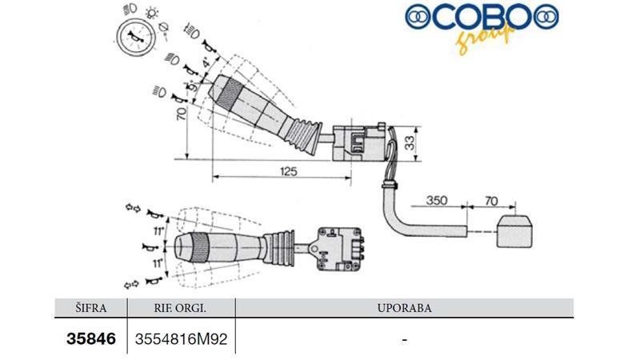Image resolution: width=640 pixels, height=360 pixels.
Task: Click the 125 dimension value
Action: pos(289,171)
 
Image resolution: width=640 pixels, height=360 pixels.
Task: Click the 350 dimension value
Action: pos(436,201)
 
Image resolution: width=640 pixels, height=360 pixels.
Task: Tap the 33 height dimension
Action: pos(410,142)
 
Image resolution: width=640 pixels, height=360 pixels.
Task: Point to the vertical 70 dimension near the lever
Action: pos(181,113)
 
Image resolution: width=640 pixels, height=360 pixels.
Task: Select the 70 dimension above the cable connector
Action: pos(491,201)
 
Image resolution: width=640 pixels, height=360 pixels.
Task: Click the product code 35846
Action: pos(91,338)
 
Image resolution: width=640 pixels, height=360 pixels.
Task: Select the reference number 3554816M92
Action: pos(181,339)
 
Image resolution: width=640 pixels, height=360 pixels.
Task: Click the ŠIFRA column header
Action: pos(91,308)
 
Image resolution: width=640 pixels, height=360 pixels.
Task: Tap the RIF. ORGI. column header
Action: pos(181,308)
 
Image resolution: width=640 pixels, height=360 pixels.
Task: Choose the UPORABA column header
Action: pos(405,308)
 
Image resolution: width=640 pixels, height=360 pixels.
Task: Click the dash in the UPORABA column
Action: pos(405,339)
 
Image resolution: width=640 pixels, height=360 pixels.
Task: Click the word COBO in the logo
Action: pos(482,17)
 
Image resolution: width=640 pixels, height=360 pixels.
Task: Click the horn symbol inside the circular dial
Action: pos(134,37)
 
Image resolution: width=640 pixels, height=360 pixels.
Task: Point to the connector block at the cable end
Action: pos(514,231)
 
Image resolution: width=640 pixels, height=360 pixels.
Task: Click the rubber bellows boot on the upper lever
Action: pos(303,134)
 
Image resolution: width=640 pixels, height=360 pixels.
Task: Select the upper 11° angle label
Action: pos(158,231)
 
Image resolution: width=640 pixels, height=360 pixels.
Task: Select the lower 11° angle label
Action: pos(158,263)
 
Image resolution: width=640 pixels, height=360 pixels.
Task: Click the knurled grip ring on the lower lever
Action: pos(201,247)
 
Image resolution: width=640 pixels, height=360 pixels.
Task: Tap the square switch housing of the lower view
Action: pos(338,249)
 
